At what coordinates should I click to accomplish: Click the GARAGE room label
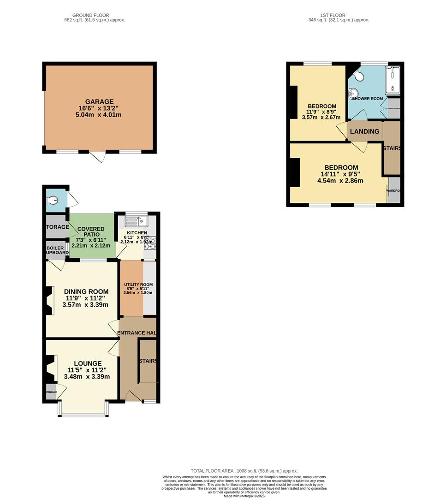coord(99,101)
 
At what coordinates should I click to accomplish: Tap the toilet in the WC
coord(54,200)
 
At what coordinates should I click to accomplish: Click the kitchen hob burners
coord(151,243)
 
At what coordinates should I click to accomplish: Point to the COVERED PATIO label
coord(91,229)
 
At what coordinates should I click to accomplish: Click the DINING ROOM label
coord(86,291)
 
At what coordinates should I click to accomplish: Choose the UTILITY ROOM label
coord(138,285)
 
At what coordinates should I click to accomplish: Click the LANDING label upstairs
coord(364,131)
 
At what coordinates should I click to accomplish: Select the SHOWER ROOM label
coord(368,99)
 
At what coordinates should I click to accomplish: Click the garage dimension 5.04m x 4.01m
coord(99,115)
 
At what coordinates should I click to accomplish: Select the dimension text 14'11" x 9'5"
coord(341,174)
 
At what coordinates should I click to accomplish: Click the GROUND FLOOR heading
coord(95,15)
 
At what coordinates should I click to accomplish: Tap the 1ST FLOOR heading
coord(339,15)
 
